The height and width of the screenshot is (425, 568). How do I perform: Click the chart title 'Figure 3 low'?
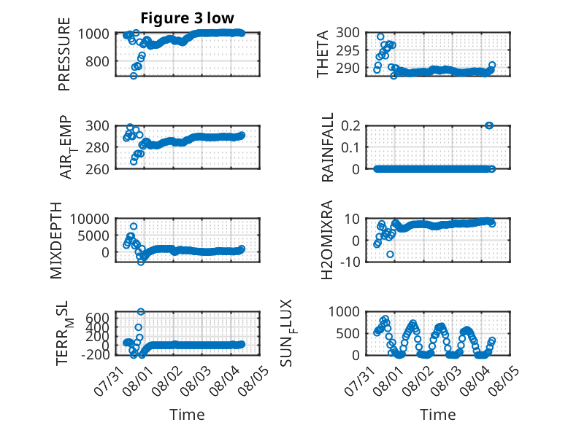(x=188, y=18)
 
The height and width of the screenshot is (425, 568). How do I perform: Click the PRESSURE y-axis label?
(x=64, y=54)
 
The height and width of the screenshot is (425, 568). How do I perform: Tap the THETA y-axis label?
(x=323, y=54)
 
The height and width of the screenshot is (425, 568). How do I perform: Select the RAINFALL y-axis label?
(x=327, y=147)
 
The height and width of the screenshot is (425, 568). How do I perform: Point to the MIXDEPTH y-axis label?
(x=56, y=241)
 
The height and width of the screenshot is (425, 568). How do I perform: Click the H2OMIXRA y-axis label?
(x=327, y=240)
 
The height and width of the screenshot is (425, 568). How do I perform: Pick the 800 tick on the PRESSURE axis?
(x=97, y=61)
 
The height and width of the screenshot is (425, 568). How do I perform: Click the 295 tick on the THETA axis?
(x=348, y=50)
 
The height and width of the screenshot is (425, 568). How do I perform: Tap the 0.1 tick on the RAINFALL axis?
(x=350, y=147)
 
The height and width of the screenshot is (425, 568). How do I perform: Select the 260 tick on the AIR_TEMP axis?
(x=97, y=169)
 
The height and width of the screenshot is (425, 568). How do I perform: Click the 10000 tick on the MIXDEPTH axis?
(x=89, y=219)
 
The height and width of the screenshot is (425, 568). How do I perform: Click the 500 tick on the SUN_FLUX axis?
(x=348, y=333)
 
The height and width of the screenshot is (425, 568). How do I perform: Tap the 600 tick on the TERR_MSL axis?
(x=97, y=318)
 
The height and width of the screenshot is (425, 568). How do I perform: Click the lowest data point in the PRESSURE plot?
(x=134, y=76)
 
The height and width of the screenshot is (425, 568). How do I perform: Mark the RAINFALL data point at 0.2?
(x=489, y=125)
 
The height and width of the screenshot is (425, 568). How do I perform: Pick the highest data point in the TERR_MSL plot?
(x=141, y=311)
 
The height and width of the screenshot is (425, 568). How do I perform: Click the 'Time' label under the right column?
(x=437, y=414)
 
